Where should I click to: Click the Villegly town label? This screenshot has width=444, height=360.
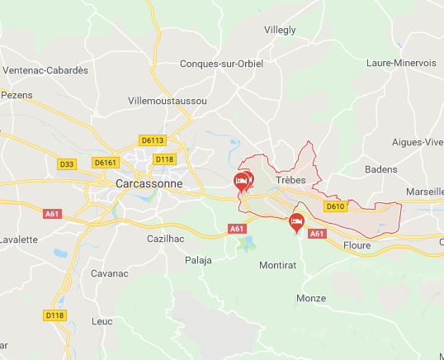280,30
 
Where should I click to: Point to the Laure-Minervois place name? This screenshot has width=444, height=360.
401,63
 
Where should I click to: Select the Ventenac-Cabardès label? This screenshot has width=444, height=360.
45,70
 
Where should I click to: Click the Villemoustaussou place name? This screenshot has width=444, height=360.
168,100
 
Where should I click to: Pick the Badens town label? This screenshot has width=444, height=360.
380,169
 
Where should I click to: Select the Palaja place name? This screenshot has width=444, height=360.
198,260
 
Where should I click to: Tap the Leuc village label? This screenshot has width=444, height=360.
102,320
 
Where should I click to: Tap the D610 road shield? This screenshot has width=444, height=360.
335,206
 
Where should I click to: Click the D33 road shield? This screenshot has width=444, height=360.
67,164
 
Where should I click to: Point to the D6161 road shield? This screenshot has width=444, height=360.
106,163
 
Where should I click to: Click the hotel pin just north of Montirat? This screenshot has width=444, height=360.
296,220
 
